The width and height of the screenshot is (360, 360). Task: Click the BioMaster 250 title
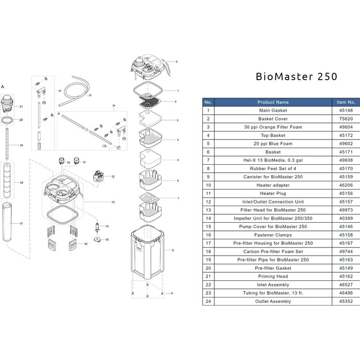(x=297, y=76)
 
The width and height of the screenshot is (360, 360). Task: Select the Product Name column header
(x=273, y=102)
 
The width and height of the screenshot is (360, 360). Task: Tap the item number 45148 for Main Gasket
(x=346, y=110)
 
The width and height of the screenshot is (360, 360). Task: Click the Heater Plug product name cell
(x=273, y=193)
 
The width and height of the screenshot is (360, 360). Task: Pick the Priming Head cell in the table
(x=273, y=276)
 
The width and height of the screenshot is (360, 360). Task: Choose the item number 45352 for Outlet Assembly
(x=346, y=301)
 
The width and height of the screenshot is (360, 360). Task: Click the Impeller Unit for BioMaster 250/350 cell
(x=273, y=218)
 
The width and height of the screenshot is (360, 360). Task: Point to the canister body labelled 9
(x=148, y=252)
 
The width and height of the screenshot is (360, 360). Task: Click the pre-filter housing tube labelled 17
(x=7, y=222)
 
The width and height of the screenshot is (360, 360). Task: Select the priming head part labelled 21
(x=7, y=104)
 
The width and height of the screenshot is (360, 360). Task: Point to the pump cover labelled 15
(x=98, y=239)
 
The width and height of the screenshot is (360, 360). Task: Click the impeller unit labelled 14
(x=97, y=227)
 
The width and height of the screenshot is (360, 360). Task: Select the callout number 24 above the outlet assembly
(x=114, y=106)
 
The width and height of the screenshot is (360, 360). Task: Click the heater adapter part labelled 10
(x=62, y=161)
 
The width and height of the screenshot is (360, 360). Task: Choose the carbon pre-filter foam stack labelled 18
(x=7, y=180)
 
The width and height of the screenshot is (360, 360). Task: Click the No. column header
(x=208, y=102)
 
